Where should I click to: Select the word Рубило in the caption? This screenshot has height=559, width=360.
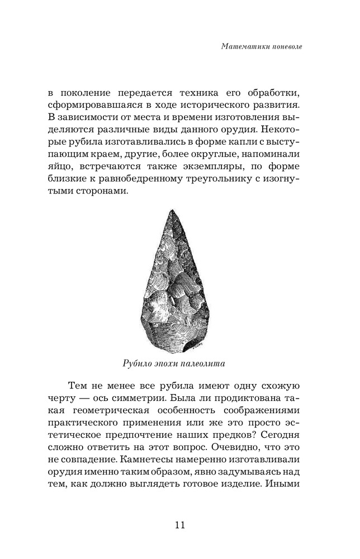coord(138,363)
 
